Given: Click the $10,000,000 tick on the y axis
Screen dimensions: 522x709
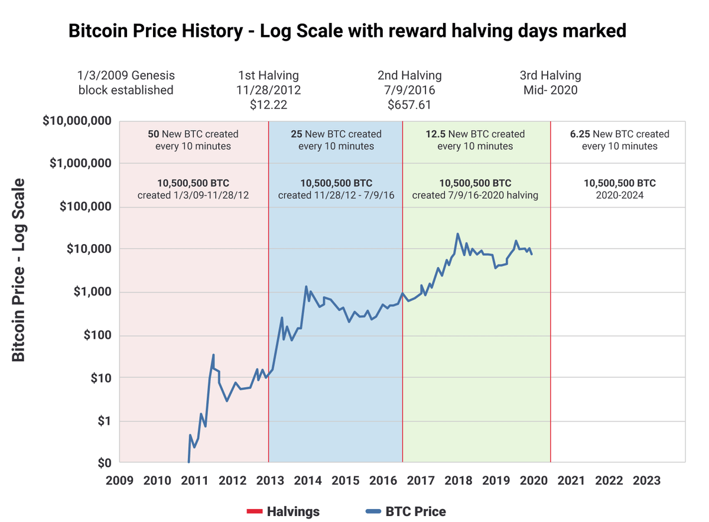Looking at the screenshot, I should (77, 121).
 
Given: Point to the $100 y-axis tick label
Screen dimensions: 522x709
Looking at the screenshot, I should (97, 335).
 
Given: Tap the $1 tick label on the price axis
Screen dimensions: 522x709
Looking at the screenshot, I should (104, 421).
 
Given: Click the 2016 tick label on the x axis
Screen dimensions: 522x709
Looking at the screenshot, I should (382, 480).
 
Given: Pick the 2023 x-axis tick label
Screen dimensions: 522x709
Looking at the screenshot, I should (646, 480).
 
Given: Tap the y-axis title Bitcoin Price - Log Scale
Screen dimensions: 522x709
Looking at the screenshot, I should (19, 270).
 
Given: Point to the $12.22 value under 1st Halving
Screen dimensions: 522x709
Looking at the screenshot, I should (268, 105).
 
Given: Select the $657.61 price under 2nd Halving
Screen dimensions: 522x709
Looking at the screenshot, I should (409, 105).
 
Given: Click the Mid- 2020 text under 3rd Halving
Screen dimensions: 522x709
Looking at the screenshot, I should (550, 90).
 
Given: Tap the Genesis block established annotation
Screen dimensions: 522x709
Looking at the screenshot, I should (126, 83).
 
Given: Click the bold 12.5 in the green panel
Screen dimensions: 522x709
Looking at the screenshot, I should (435, 134).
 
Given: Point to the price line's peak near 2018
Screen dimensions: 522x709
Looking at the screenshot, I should (458, 234).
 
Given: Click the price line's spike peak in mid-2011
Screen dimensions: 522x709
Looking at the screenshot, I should (213, 355).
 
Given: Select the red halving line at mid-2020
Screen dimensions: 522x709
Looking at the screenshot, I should (550, 296).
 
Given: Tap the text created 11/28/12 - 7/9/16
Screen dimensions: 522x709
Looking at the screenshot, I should (336, 195).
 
